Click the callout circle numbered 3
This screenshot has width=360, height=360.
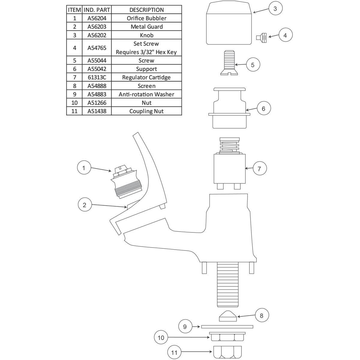point(275,9)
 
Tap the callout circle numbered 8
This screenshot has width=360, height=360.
point(262,316)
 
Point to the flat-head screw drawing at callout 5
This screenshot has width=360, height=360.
point(229,63)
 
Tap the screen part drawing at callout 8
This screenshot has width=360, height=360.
point(228,316)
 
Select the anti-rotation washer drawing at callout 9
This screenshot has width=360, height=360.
point(227,327)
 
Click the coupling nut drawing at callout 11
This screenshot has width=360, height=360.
point(227,352)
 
